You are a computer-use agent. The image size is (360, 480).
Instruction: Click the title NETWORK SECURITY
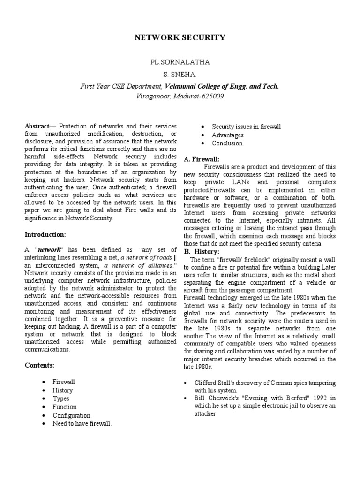[180, 37]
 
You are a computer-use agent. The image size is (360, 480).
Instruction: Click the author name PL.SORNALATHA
[180, 62]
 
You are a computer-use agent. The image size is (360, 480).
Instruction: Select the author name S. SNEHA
[180, 75]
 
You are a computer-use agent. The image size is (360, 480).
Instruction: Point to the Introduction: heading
[45, 234]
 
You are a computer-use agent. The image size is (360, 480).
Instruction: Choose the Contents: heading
[40, 365]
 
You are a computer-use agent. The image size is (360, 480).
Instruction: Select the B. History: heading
[202, 252]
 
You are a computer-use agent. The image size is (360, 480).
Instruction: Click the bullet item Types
[61, 398]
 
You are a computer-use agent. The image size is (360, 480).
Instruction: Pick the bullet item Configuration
[71, 415]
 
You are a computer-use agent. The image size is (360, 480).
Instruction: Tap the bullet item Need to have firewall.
[82, 424]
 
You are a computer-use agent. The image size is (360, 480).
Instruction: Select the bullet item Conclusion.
[228, 143]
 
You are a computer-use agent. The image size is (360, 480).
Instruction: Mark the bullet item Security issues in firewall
[246, 127]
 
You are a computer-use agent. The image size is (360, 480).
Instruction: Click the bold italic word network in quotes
[50, 250]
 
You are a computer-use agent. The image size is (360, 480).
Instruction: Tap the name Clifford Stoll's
[214, 382]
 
